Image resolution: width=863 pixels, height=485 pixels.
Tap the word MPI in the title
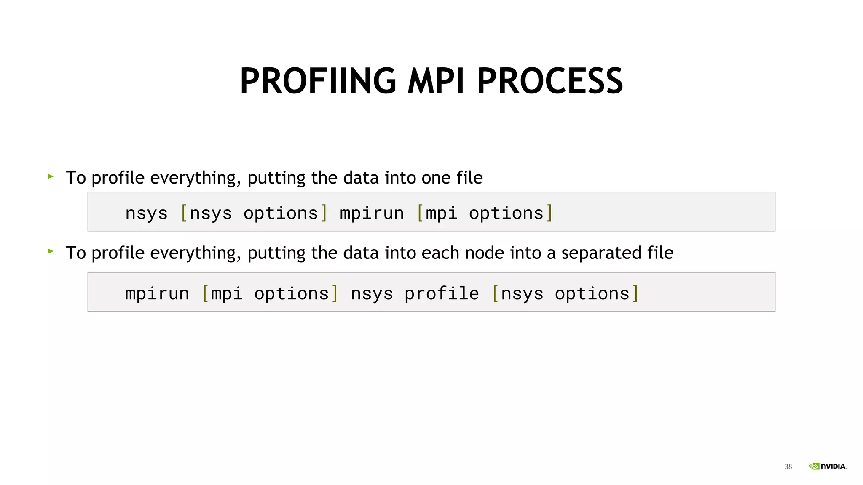436,81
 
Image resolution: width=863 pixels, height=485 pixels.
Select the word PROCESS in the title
550,81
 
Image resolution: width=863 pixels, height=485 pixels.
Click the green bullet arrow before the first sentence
51,176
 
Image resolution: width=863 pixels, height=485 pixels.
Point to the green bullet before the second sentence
51,251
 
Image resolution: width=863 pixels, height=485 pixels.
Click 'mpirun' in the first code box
372,213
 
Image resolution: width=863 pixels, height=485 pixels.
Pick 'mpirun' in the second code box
157,293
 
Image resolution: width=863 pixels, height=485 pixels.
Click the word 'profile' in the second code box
442,293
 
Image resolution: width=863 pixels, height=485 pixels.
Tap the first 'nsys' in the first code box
146,213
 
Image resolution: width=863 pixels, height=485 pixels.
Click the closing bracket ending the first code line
549,213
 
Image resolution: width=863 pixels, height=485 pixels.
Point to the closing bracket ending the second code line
635,293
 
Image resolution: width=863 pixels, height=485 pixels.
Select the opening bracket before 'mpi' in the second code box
206,293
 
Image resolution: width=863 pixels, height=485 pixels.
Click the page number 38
788,466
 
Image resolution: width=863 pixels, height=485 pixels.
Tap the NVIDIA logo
828,466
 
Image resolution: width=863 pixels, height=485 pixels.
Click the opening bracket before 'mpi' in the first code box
420,213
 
